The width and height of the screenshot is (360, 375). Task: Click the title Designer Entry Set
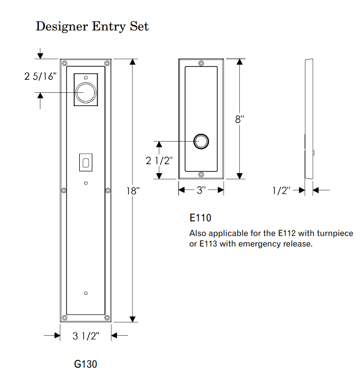[x=92, y=26]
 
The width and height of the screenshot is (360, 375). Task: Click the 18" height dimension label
[x=133, y=191]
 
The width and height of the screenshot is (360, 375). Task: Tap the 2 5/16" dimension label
[x=40, y=77]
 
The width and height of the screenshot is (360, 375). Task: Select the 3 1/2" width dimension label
[x=86, y=336]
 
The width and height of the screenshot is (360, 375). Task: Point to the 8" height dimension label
[x=240, y=120]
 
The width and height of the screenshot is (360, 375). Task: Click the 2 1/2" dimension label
[x=159, y=160]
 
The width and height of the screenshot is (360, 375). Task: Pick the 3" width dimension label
[x=201, y=190]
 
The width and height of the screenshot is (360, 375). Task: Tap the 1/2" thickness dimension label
[x=281, y=190]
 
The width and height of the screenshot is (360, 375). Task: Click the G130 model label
[x=86, y=363]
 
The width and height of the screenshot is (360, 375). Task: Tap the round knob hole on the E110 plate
[x=201, y=142]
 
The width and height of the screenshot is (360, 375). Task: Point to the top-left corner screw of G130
[x=65, y=63]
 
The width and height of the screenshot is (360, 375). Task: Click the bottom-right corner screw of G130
[x=107, y=317]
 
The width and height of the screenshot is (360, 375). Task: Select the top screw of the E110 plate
[x=201, y=63]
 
